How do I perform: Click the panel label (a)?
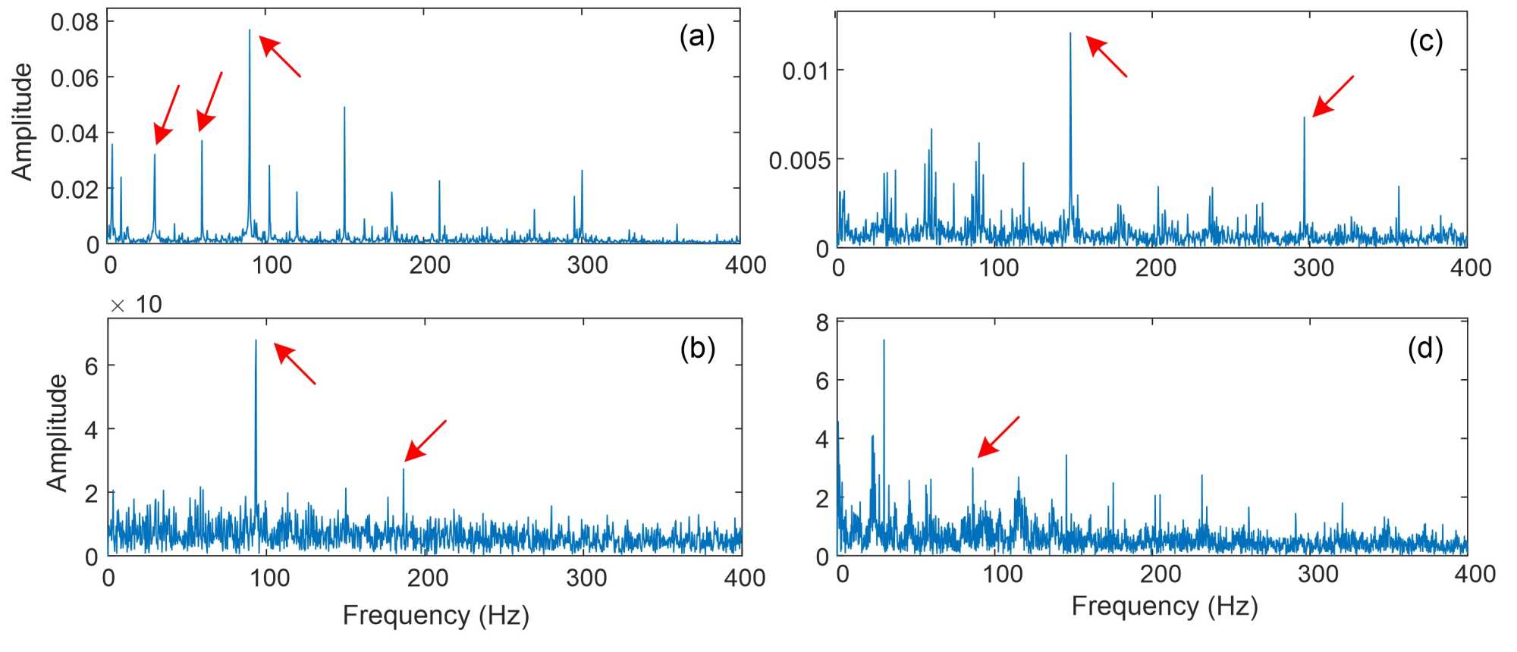tap(696, 37)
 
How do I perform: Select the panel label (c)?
tap(1425, 41)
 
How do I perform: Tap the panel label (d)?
tap(1424, 348)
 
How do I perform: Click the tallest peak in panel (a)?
tap(249, 31)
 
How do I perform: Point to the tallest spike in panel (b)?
tap(256, 340)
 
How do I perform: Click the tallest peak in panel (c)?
tap(1070, 34)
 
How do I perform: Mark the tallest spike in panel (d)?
tap(884, 340)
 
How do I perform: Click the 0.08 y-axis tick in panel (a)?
tap(74, 22)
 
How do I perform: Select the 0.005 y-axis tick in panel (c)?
tap(799, 160)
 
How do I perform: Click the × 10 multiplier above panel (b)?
tap(137, 305)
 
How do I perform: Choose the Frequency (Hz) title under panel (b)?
tap(435, 615)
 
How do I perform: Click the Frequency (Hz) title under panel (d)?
tap(1164, 606)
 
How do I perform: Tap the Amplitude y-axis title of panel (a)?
tap(23, 121)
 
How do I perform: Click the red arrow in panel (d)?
tap(997, 437)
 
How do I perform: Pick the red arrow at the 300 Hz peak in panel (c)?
tap(1333, 96)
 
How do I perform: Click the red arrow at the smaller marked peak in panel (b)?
tap(425, 440)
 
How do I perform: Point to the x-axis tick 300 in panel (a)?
tap(587, 265)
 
